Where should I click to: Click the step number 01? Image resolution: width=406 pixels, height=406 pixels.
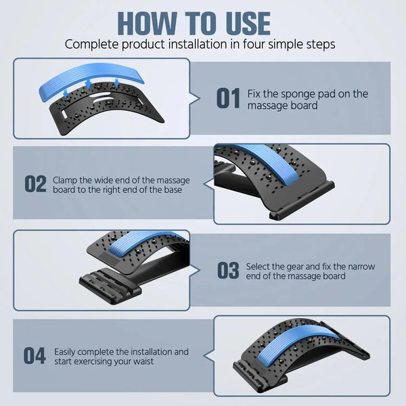tap(228, 99)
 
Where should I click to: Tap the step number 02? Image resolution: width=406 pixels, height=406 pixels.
tap(35, 184)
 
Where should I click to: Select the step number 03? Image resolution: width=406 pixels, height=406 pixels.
tap(228, 271)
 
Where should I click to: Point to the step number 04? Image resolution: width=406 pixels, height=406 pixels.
tap(35, 357)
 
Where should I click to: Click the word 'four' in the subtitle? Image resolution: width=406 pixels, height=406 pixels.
tap(251, 45)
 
